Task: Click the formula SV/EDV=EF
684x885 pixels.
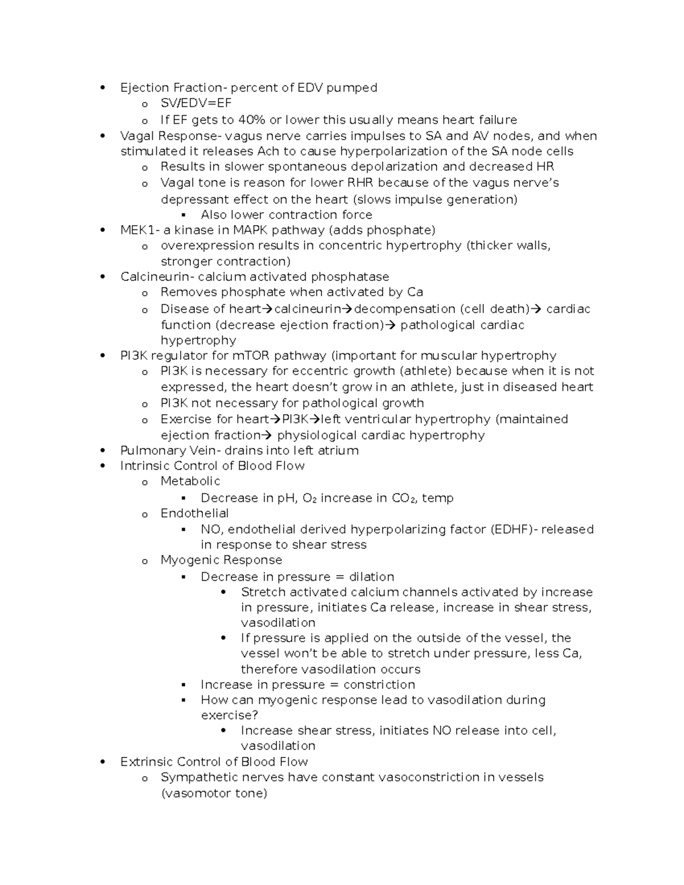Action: [196, 103]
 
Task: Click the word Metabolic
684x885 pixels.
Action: [190, 481]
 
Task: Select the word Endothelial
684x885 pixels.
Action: [194, 513]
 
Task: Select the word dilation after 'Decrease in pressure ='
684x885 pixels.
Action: [371, 577]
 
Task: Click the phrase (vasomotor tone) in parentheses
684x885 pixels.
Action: [214, 793]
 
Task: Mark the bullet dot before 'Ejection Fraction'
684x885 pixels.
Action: [103, 87]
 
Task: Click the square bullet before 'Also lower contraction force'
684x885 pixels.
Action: [184, 215]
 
